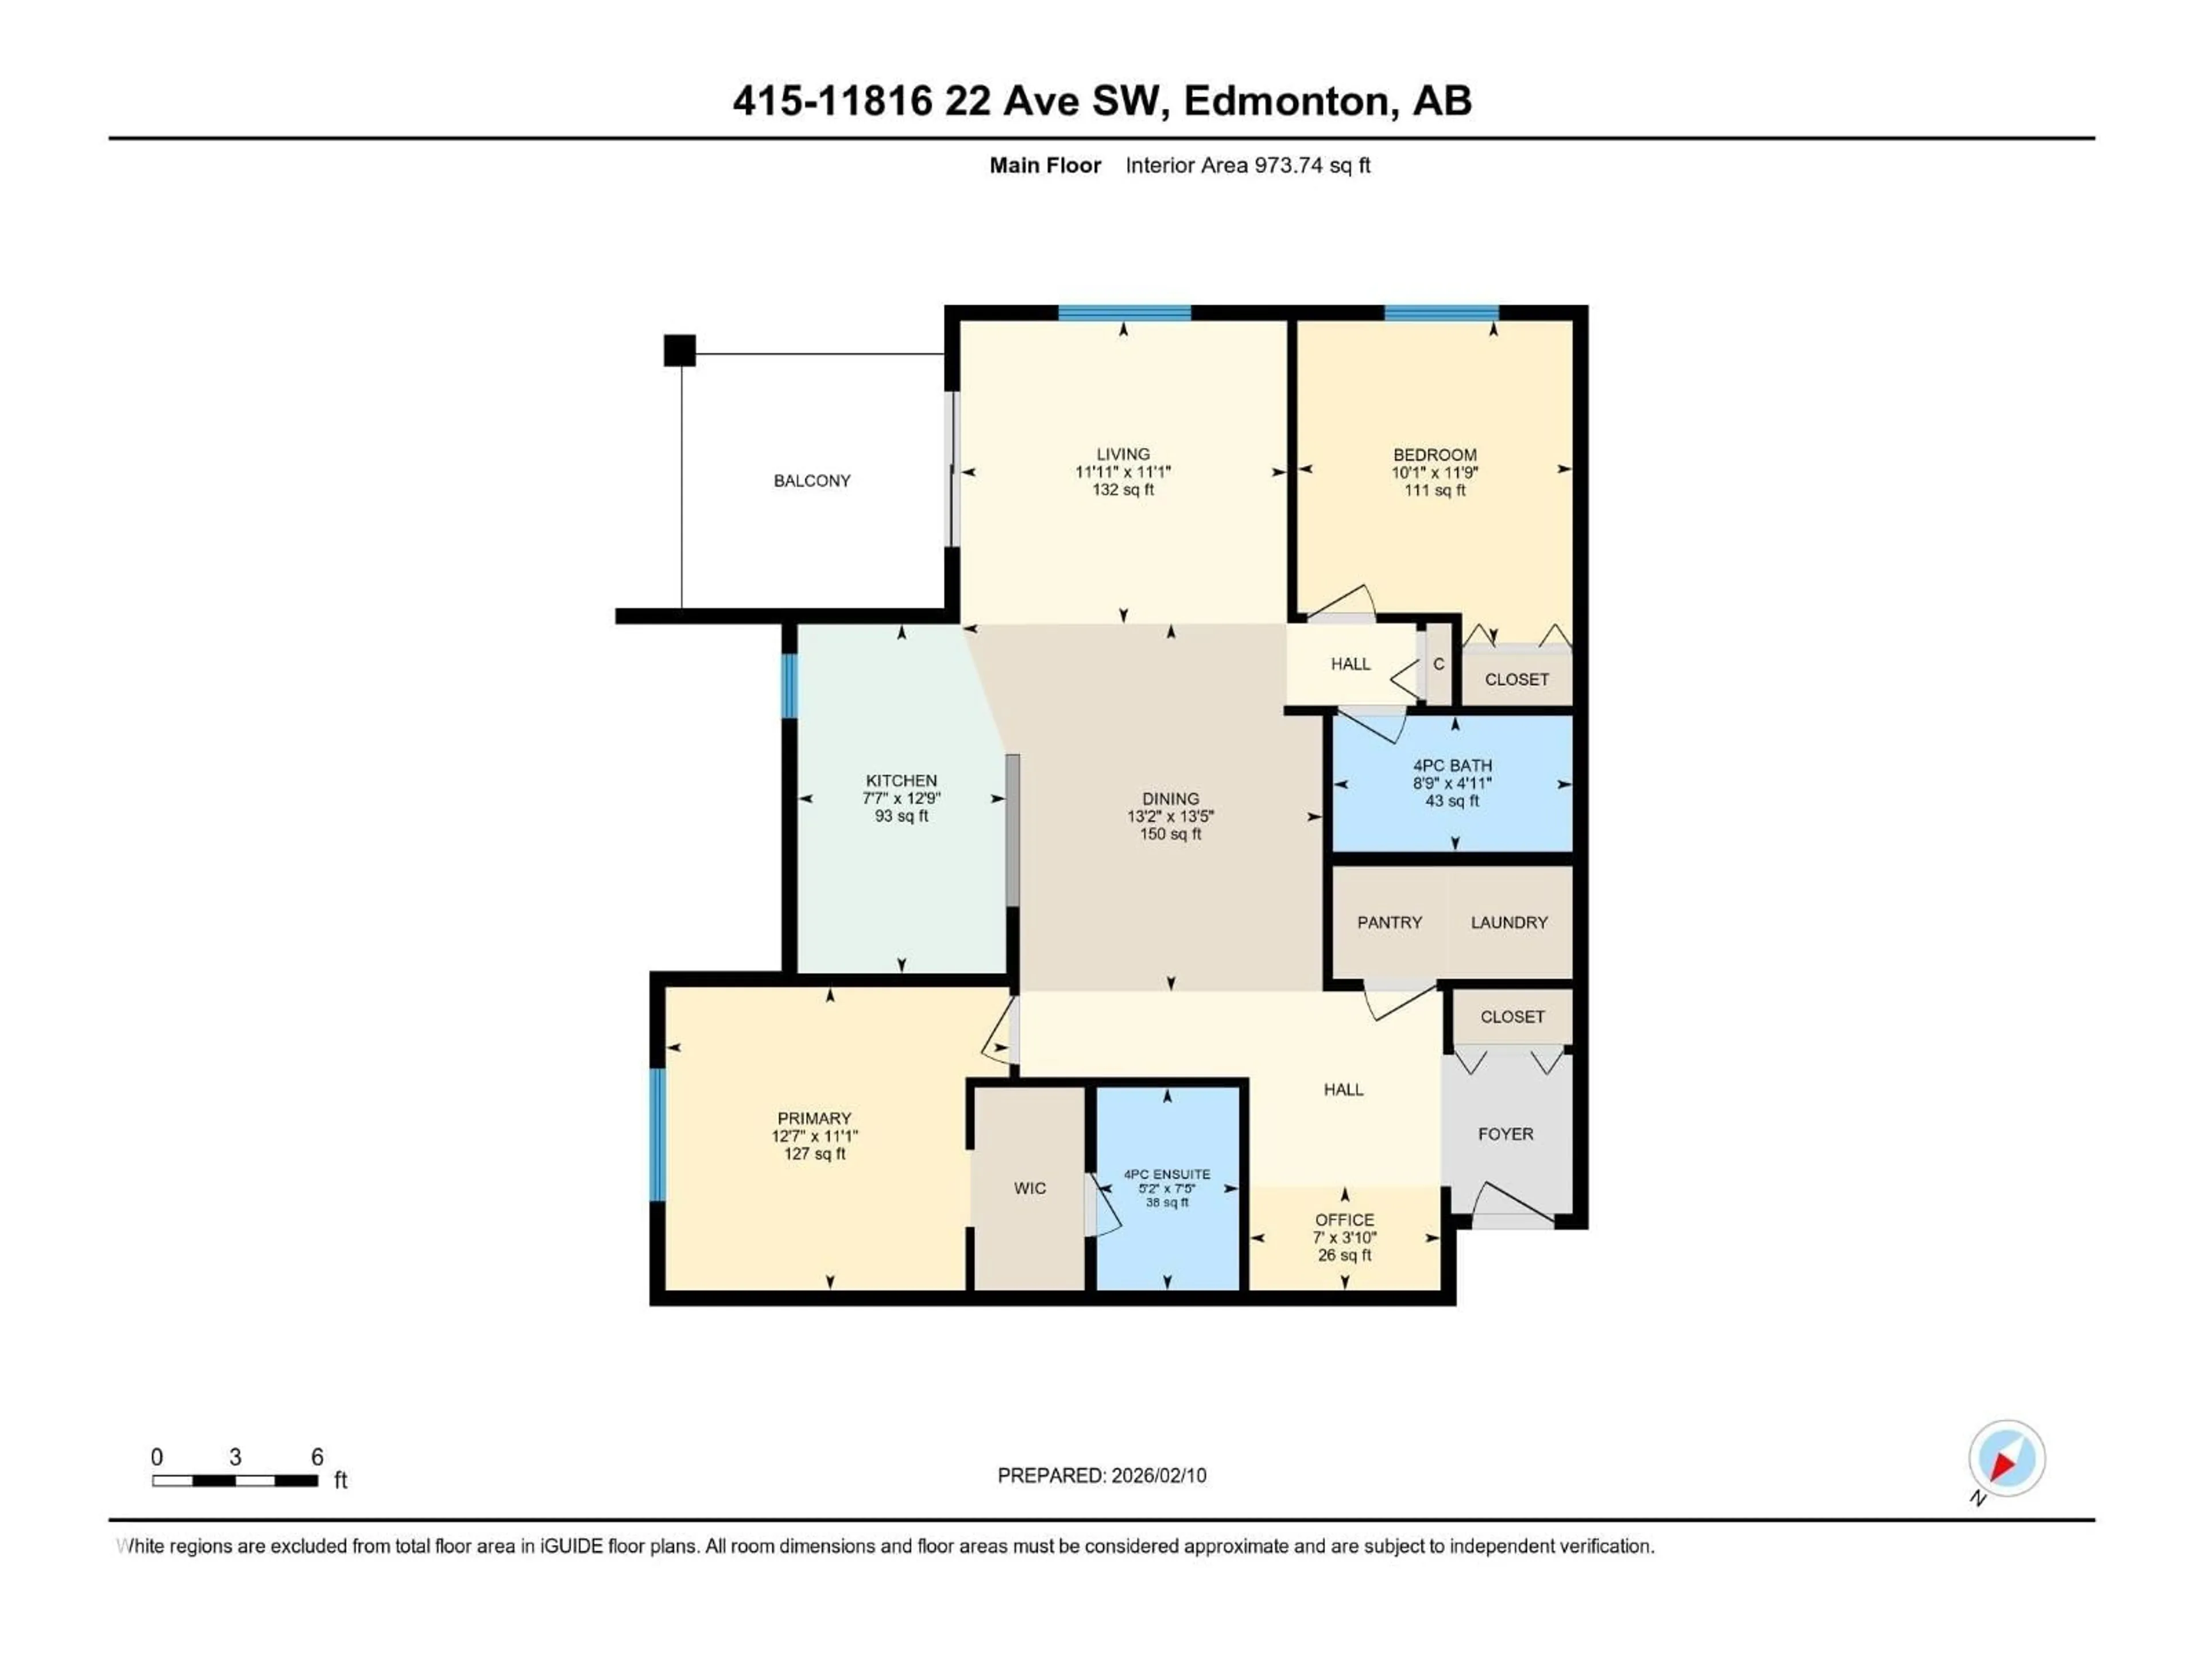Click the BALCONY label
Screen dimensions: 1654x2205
coord(811,481)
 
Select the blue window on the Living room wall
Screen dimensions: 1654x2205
coord(1124,313)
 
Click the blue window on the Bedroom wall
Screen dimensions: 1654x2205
coord(1440,313)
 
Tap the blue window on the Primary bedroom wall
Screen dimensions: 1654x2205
coord(657,1135)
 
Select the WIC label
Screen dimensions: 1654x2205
coord(1030,1188)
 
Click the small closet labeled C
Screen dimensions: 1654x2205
coord(1438,664)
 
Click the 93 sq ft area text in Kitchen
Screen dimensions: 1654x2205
coord(901,816)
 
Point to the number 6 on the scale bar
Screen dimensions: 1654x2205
coord(317,1456)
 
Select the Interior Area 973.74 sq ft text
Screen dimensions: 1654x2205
coord(1247,165)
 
